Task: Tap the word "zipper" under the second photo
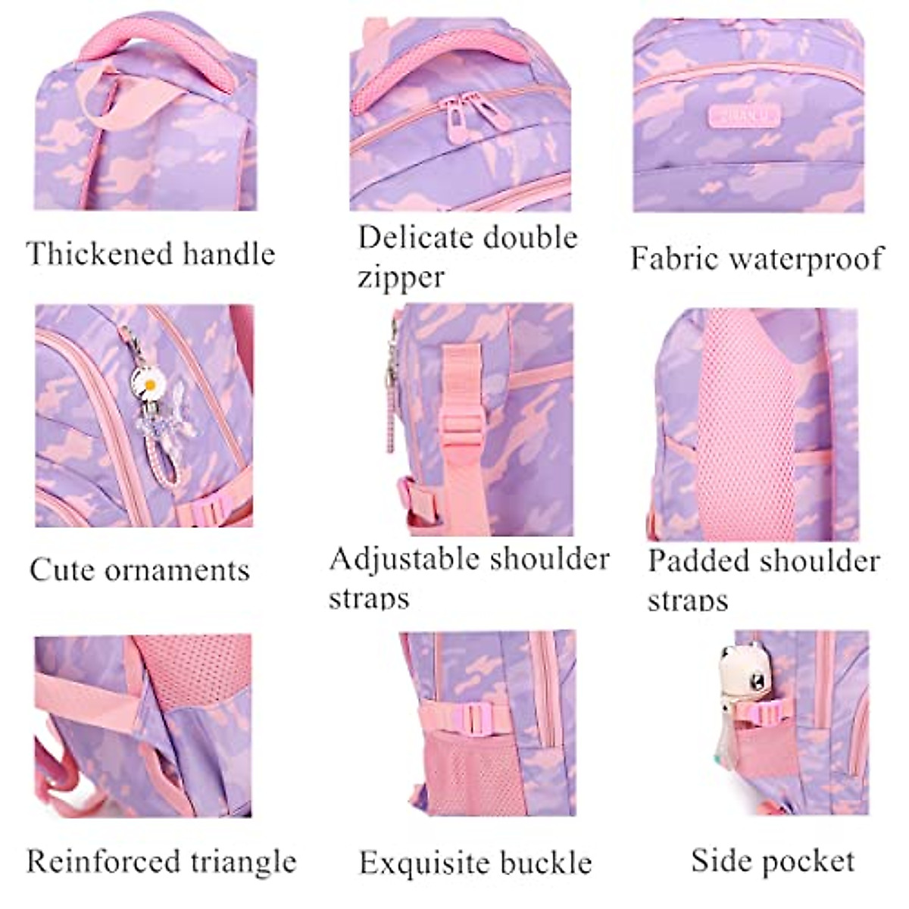coord(400,277)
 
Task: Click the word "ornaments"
coord(176,570)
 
